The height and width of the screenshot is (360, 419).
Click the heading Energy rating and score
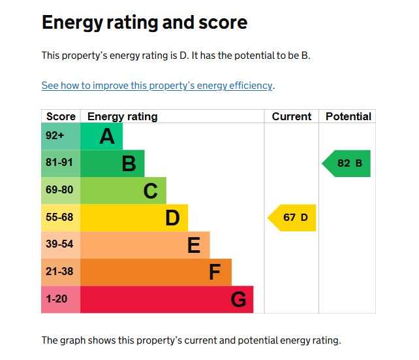tap(144, 23)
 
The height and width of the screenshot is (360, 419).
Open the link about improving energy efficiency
tap(157, 86)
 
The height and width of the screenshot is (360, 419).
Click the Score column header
tap(61, 116)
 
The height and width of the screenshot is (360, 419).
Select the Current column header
tap(291, 116)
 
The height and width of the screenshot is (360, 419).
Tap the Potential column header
tap(348, 116)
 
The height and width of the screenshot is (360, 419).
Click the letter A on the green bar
tap(107, 137)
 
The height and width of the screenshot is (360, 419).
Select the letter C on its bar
tap(151, 191)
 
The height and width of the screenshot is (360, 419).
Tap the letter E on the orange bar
tap(194, 245)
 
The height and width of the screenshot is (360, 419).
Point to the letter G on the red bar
tap(238, 300)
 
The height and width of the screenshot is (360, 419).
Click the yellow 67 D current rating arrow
tap(293, 218)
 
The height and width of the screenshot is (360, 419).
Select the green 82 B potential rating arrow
tap(347, 163)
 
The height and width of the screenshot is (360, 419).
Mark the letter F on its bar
tap(215, 272)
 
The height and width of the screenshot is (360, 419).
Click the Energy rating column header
tap(122, 116)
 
